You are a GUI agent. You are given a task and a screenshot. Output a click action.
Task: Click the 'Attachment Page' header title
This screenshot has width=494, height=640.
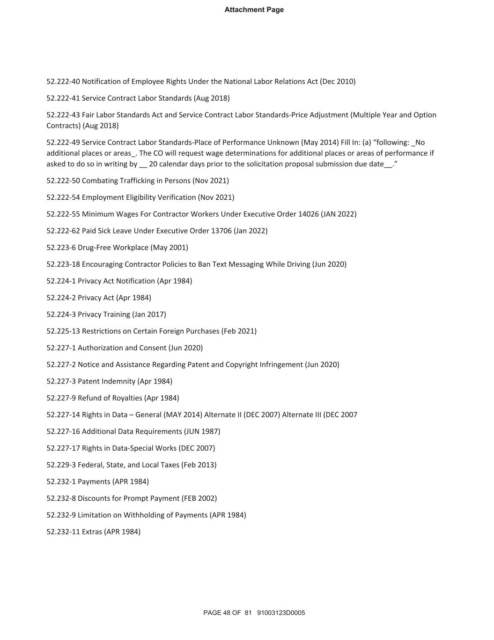click(x=254, y=10)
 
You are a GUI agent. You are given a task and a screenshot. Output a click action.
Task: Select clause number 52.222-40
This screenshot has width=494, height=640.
click(x=63, y=82)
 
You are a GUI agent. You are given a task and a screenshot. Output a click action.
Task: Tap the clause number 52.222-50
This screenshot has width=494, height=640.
click(x=63, y=181)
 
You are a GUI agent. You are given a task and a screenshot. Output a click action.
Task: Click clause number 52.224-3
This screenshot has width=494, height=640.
click(x=61, y=315)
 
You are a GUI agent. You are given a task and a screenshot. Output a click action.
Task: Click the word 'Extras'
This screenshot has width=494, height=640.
click(x=92, y=532)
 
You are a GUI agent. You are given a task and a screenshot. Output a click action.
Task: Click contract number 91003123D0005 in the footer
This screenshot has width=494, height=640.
click(x=281, y=613)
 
